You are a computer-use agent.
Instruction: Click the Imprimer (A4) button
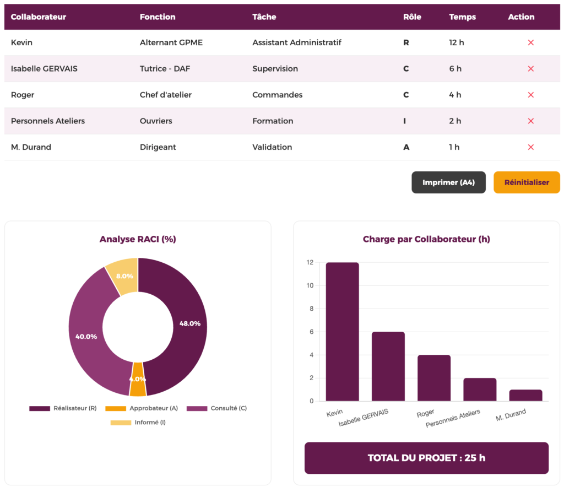point(448,182)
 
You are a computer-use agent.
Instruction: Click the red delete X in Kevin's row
point(531,42)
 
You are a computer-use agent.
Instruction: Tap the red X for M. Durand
point(531,147)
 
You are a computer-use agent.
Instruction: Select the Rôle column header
point(412,17)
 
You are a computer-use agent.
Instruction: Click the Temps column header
point(463,17)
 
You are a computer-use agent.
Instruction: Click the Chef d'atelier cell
point(166,95)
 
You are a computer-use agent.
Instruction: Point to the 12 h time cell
point(457,42)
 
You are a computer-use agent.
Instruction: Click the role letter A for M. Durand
point(406,147)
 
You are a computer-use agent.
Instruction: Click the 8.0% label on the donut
point(124,275)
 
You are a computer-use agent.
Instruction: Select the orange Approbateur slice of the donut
point(138,380)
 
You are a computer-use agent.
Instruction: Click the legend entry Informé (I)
point(138,423)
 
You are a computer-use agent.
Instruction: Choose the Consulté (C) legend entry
point(216,408)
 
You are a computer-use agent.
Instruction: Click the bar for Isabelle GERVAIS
point(388,366)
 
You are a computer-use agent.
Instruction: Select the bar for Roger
point(434,378)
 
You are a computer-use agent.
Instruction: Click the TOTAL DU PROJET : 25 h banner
point(426,458)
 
